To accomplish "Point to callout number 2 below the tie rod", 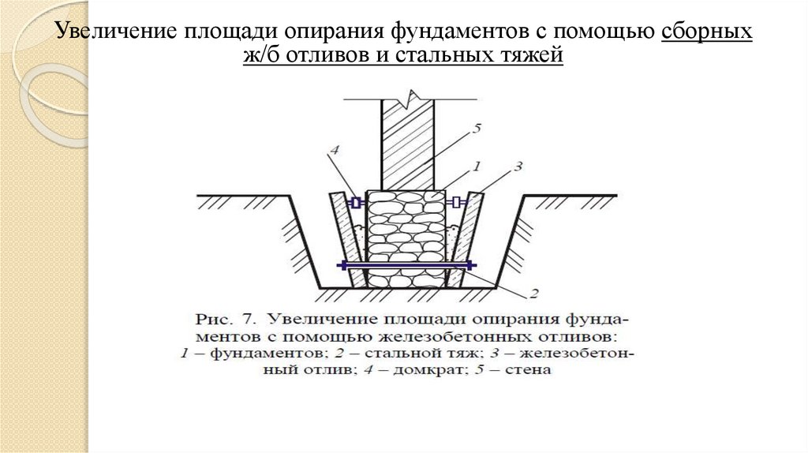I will tap(533, 294).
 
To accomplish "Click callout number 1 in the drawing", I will tap(476, 167).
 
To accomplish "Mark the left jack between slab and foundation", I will tap(356, 203).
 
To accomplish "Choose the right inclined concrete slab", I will tap(467, 237).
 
